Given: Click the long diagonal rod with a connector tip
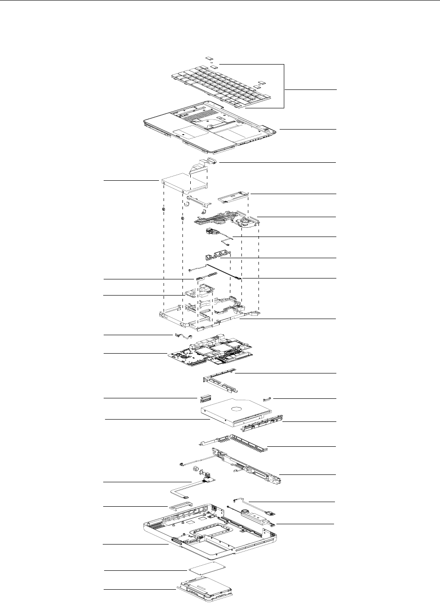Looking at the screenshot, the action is (223, 272).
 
